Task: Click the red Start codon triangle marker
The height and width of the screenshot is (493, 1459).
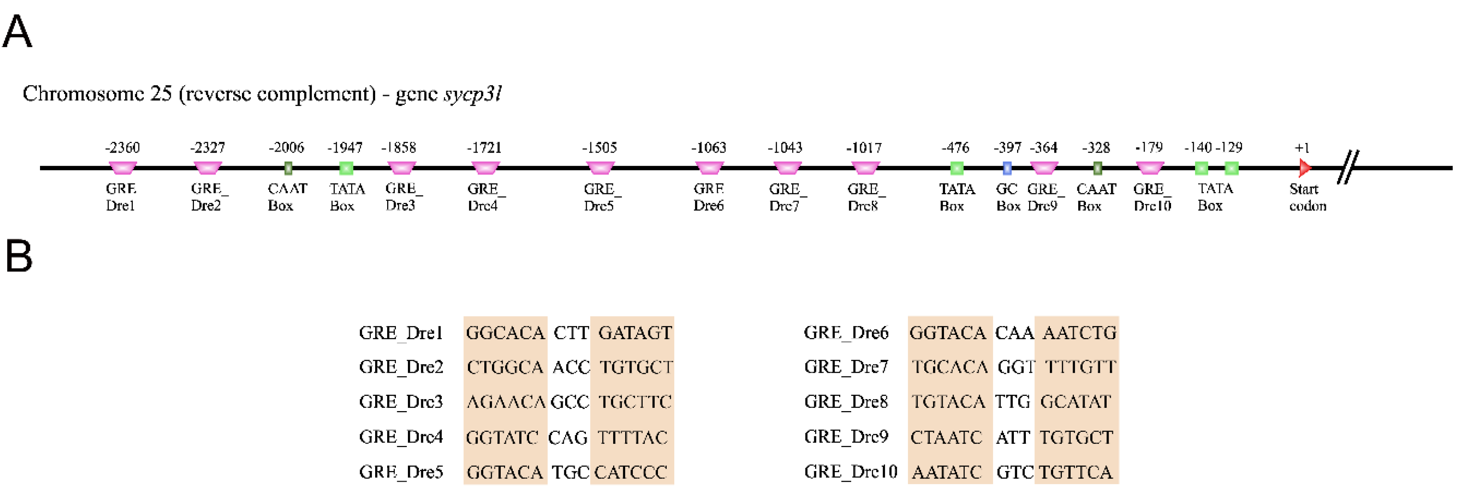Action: tap(1304, 167)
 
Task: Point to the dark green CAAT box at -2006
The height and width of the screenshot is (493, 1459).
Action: tap(288, 167)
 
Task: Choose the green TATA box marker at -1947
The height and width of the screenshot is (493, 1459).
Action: tap(346, 167)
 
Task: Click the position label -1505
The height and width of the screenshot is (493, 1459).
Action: tap(599, 148)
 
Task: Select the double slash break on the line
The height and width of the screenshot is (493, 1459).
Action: tap(1348, 167)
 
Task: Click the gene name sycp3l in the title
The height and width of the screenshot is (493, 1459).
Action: tap(473, 93)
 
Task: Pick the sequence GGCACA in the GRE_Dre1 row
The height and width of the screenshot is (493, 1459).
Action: tap(505, 333)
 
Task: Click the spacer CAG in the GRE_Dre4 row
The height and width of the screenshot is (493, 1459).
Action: tap(568, 437)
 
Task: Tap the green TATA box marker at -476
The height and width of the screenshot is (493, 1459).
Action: tap(956, 167)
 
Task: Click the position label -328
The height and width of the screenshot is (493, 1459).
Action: tap(1095, 148)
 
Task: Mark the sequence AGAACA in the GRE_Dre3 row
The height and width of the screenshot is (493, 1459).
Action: tap(505, 402)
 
